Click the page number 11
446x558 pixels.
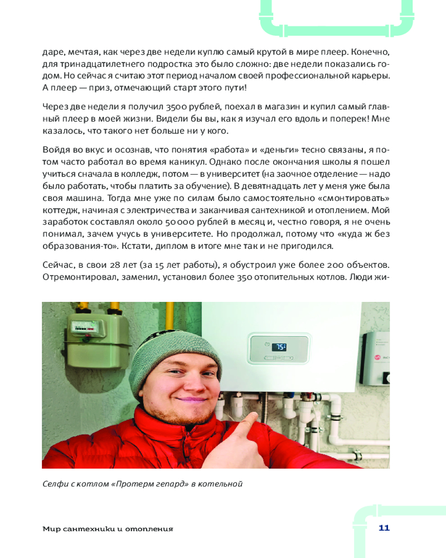click(384, 528)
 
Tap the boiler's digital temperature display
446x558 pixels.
click(279, 347)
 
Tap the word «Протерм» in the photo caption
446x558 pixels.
click(133, 484)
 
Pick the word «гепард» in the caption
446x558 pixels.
click(168, 484)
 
